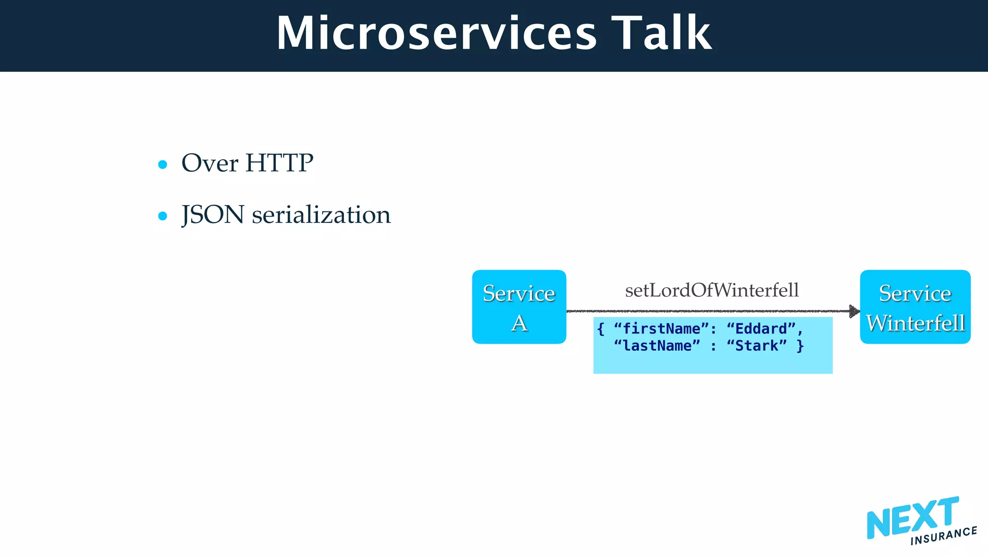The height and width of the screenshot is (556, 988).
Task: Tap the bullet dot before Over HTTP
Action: (x=163, y=165)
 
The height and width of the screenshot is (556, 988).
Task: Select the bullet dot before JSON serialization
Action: (x=163, y=216)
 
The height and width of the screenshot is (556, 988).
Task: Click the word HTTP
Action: (x=279, y=163)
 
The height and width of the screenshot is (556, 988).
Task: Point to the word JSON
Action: (x=213, y=215)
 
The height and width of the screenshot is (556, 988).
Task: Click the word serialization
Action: (x=321, y=215)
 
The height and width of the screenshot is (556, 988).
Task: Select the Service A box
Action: (x=519, y=307)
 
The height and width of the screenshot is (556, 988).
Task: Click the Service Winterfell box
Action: (x=915, y=307)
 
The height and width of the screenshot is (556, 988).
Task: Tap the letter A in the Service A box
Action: (x=519, y=323)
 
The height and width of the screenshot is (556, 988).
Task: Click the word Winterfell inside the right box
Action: (x=915, y=323)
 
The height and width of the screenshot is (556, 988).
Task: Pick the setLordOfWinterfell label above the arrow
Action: (x=712, y=290)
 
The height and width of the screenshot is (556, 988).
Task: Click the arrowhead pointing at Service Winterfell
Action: (x=854, y=311)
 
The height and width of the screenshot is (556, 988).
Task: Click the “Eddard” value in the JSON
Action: (x=761, y=329)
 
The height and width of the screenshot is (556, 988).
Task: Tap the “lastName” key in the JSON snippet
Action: (x=657, y=346)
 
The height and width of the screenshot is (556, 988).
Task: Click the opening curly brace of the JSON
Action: (x=601, y=329)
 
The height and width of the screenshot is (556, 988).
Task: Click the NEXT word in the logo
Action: (x=912, y=518)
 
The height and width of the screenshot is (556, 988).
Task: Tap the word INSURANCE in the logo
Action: (x=944, y=536)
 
